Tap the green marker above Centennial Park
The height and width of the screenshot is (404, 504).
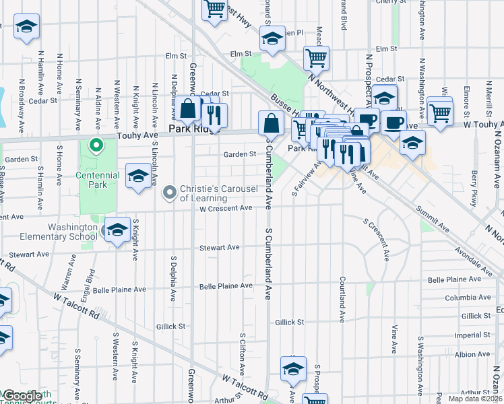96,145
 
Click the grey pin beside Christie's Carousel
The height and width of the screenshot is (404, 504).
169,194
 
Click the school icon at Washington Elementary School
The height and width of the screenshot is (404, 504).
117,230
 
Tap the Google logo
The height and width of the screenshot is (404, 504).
22,396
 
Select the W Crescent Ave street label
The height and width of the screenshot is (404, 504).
225,208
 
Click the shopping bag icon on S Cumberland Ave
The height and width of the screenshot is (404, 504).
271,123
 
